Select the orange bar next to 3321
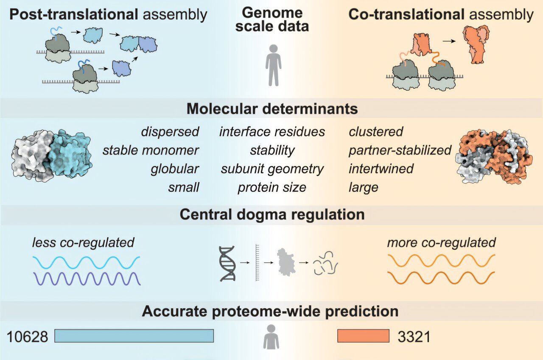click(363, 336)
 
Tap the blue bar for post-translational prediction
click(134, 336)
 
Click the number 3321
click(414, 337)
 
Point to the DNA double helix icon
click(227, 263)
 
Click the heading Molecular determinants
click(271, 109)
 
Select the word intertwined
click(381, 169)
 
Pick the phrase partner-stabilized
click(400, 150)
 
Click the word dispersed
click(170, 132)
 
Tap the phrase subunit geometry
click(272, 169)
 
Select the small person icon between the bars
click(271, 337)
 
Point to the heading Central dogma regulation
click(271, 214)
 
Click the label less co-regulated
click(83, 242)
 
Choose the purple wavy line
click(87, 278)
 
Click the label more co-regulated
click(441, 242)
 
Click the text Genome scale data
click(272, 20)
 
